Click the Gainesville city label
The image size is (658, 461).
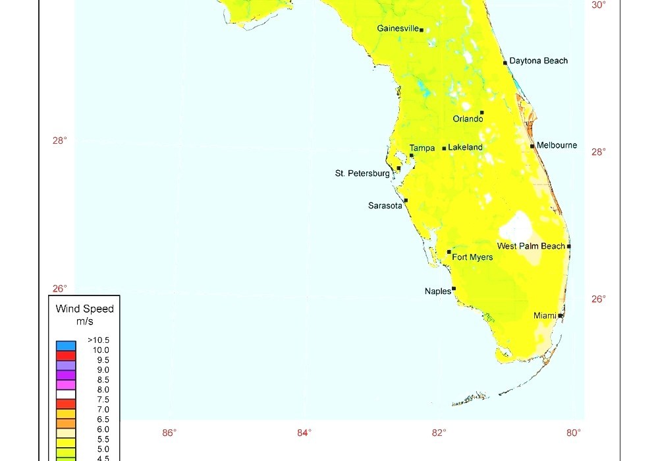398,28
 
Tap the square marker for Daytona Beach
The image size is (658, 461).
505,63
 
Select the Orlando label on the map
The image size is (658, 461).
468,119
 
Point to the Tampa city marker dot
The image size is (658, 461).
412,156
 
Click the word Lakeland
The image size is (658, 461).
465,148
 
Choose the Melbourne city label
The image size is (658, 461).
557,145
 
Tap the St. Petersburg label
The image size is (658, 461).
362,173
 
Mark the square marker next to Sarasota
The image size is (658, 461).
406,200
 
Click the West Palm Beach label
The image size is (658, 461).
531,246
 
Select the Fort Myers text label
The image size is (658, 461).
472,257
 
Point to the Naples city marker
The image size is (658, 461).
454,288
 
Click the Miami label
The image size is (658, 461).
545,316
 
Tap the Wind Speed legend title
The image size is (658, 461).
84,309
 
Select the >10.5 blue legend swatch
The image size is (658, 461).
66,345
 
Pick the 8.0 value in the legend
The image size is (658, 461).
102,390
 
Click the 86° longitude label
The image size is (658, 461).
169,433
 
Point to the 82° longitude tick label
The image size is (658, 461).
439,433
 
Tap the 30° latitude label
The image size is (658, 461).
598,5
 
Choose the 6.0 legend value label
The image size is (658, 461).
102,429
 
